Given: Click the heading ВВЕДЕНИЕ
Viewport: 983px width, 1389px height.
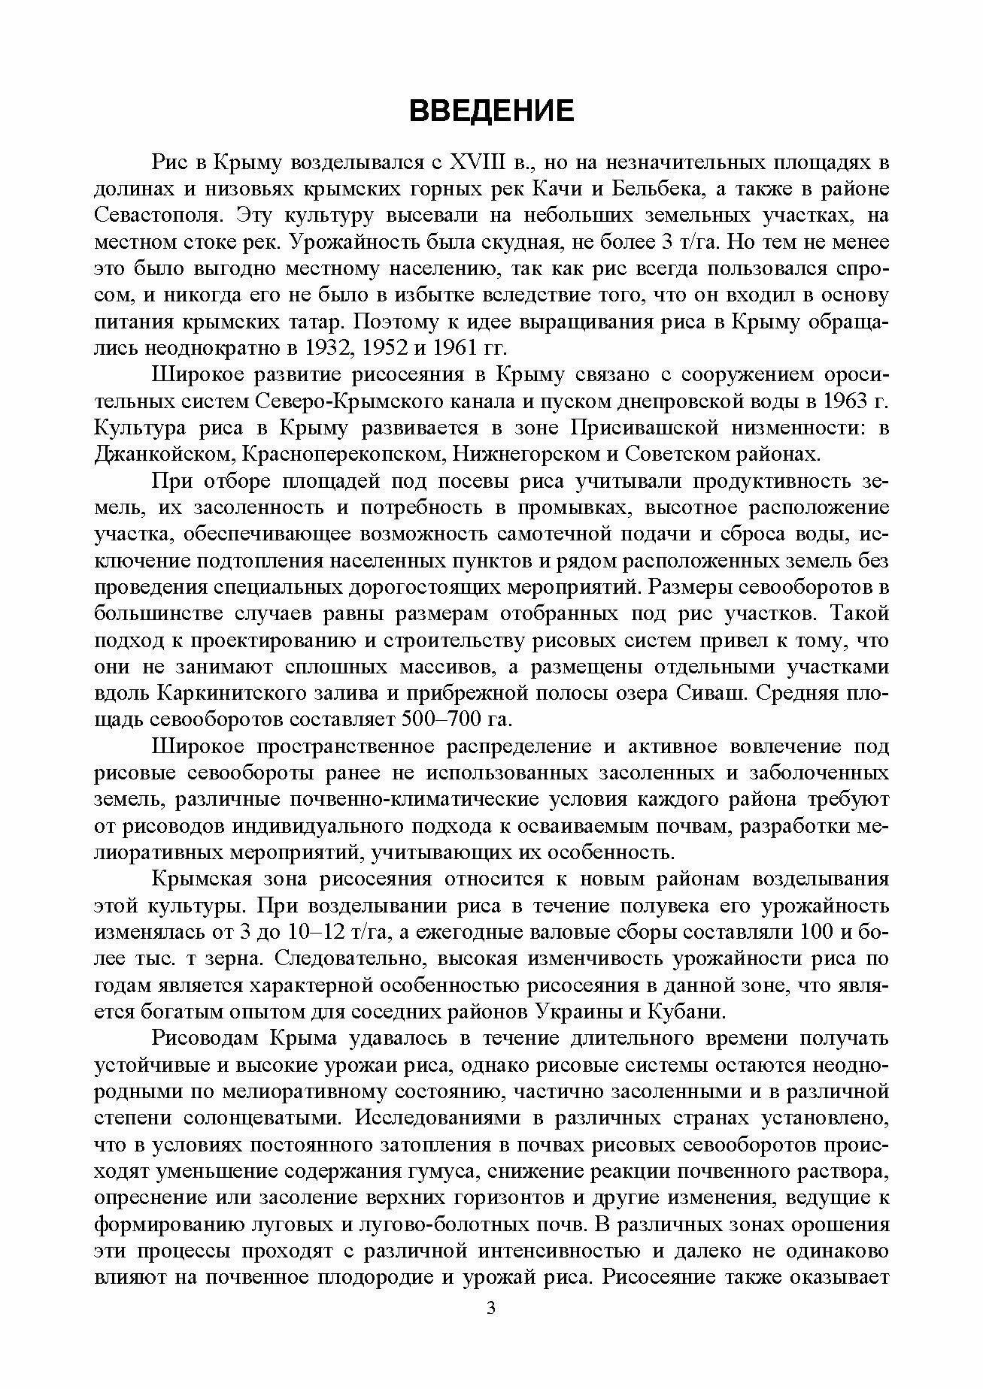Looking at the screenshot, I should tap(491, 110).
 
